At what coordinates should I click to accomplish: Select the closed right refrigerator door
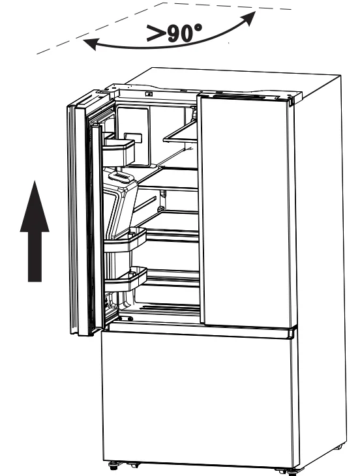click(245, 209)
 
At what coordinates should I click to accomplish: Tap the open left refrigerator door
click(82, 215)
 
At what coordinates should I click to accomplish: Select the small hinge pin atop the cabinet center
click(149, 93)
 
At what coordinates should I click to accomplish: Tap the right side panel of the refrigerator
click(320, 261)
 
